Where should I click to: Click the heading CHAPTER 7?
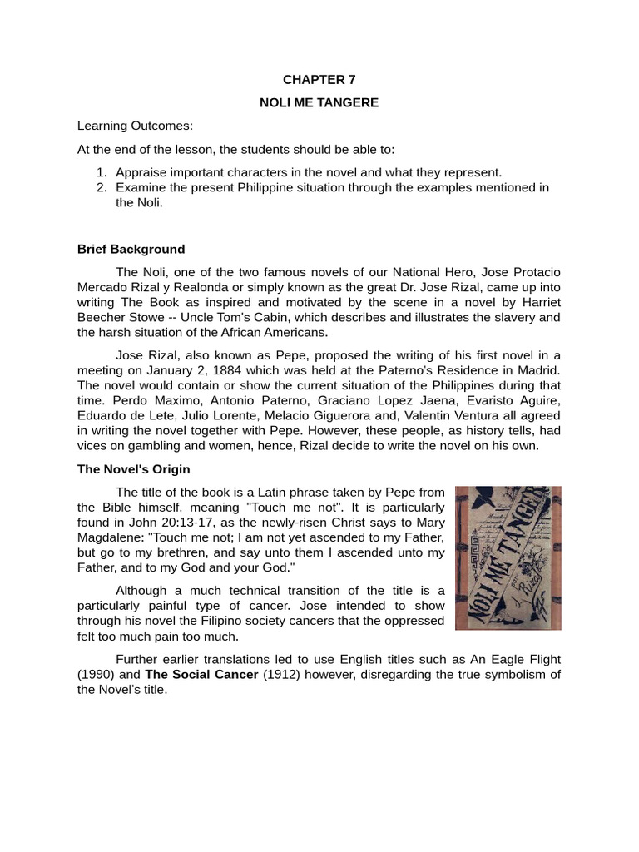319,80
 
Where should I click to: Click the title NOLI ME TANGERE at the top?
319,102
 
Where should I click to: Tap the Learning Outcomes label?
135,126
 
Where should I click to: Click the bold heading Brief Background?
131,249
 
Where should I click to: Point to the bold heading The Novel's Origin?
134,469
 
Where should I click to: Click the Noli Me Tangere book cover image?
508,557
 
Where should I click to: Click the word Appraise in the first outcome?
143,172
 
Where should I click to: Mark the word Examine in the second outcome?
141,187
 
